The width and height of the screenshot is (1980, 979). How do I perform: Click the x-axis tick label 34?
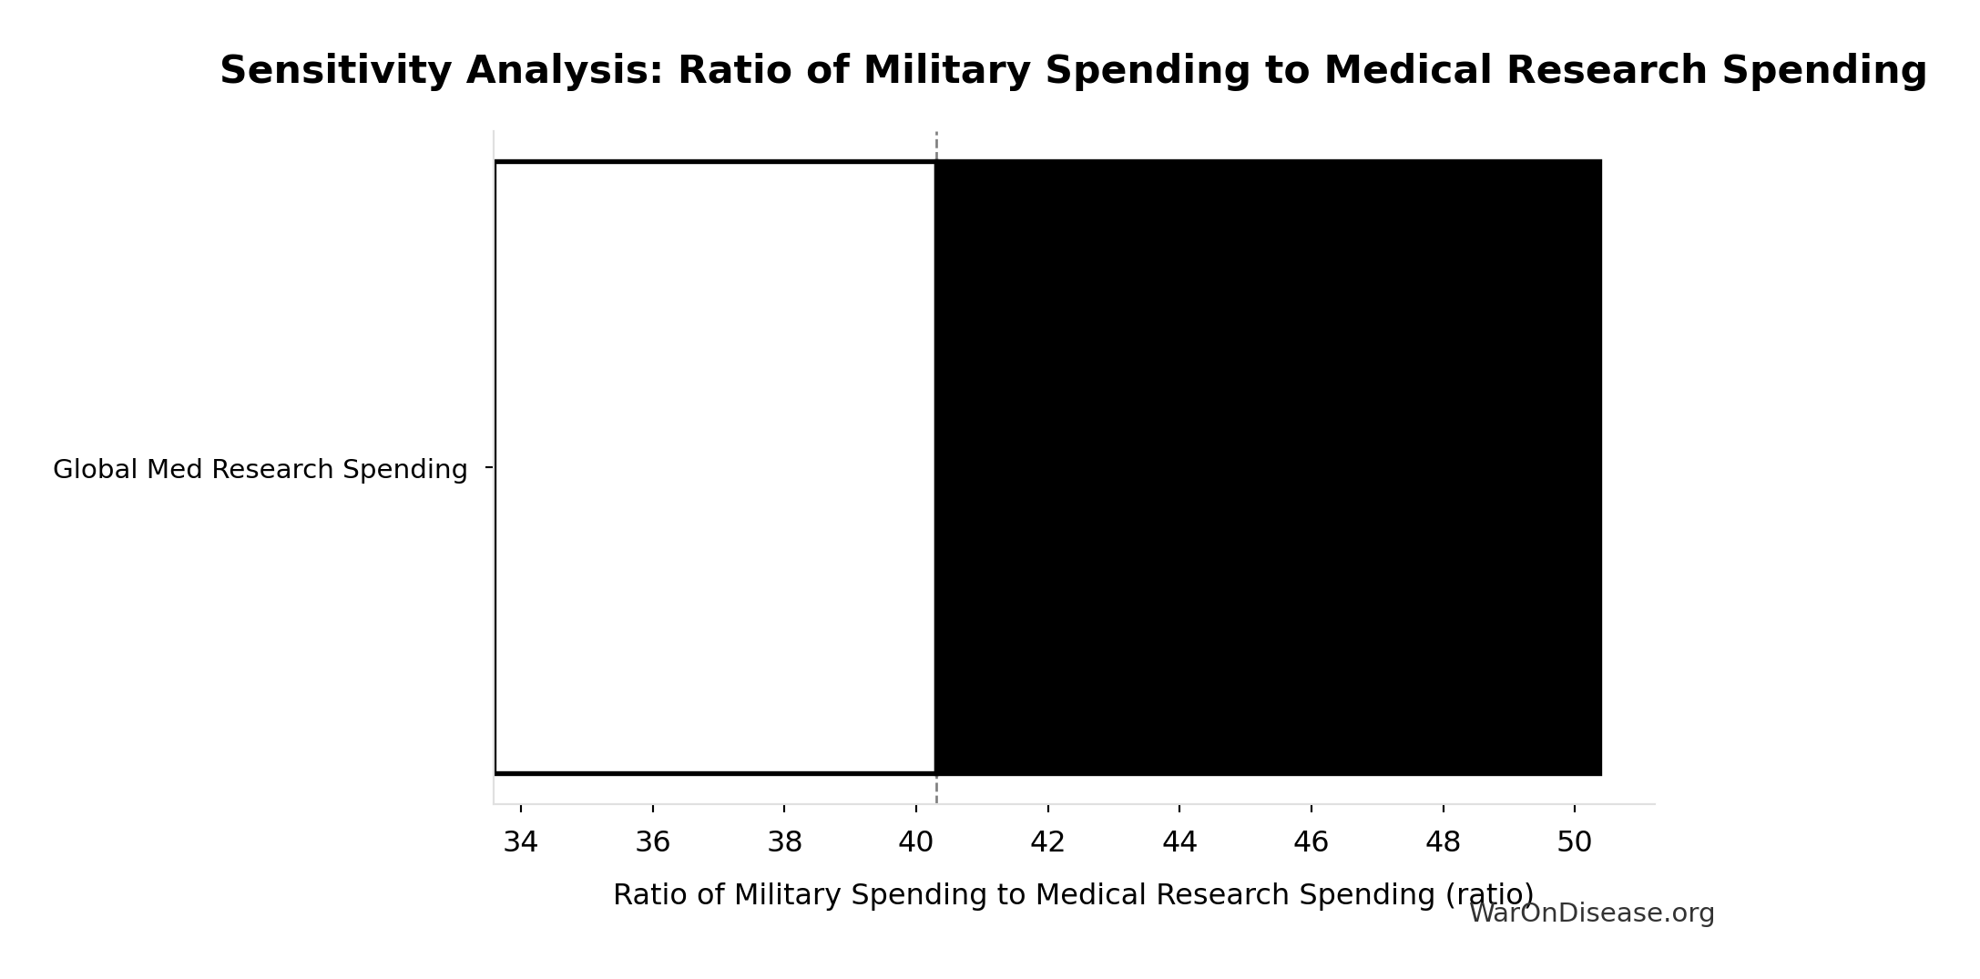click(x=521, y=842)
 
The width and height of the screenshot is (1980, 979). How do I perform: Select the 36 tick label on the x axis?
click(x=653, y=842)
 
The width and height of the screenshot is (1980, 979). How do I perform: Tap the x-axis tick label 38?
click(x=784, y=842)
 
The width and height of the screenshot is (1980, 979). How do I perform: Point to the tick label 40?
click(x=916, y=842)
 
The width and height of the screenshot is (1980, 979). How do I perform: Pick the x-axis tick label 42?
click(x=1047, y=842)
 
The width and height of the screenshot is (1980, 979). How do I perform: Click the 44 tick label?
click(x=1179, y=842)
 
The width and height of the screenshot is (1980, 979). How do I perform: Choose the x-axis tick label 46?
click(x=1311, y=842)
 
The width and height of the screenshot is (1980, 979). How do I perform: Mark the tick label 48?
click(x=1443, y=842)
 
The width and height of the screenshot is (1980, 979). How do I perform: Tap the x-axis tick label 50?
click(x=1574, y=842)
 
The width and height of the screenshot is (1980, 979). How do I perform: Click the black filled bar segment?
click(x=1268, y=467)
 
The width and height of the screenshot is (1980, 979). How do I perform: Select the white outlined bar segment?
click(x=715, y=467)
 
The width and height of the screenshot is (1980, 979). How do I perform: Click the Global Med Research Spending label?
click(x=260, y=470)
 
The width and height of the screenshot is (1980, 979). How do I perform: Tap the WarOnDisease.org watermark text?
click(x=1591, y=913)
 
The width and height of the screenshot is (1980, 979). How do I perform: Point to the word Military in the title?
click(x=945, y=71)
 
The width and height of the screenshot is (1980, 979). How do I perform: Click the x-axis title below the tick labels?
click(x=1073, y=895)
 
